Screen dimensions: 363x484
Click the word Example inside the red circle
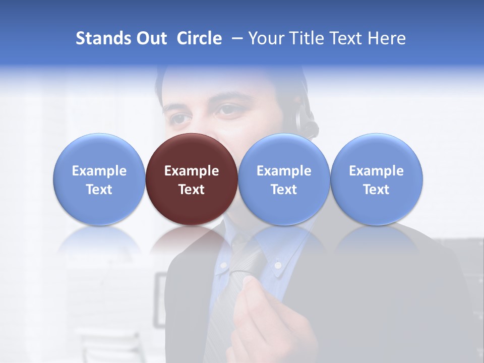point(192,171)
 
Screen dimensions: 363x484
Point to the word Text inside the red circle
point(192,190)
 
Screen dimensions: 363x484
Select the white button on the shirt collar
point(277,264)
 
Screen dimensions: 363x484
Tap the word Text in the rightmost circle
point(377,190)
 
